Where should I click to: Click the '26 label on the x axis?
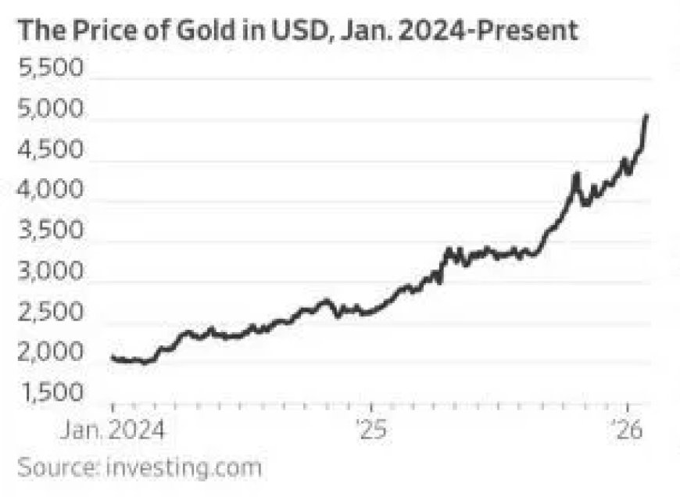[x=628, y=431]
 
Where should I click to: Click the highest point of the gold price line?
[x=646, y=116]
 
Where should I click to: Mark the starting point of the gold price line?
[x=113, y=357]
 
